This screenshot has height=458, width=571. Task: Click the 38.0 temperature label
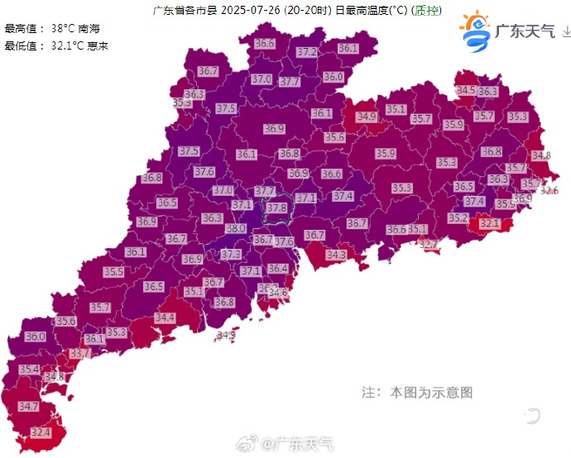pos(236,228)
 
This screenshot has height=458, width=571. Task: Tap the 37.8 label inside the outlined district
pos(276,208)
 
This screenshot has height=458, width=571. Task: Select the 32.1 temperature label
pos(490,223)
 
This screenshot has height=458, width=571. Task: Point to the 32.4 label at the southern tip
pos(41,432)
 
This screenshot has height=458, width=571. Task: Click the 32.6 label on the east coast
pos(549,190)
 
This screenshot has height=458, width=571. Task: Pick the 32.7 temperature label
pos(428,244)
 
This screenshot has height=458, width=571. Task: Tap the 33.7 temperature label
pos(79,353)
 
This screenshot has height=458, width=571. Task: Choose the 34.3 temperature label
pos(336,255)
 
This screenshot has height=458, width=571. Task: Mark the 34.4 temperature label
pos(165,317)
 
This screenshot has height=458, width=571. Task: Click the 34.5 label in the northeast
pos(466,90)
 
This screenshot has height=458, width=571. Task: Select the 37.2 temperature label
pos(307,51)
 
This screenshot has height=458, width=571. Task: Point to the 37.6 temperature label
pos(204,171)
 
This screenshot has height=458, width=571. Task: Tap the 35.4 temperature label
pos(29,369)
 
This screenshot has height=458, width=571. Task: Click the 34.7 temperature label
pos(28,407)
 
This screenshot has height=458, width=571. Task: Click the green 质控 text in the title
pos(426,11)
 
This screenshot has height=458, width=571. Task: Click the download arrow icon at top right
pos(565,32)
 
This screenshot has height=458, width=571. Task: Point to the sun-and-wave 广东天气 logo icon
pos(475,31)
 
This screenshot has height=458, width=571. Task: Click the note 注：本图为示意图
pos(417,392)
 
